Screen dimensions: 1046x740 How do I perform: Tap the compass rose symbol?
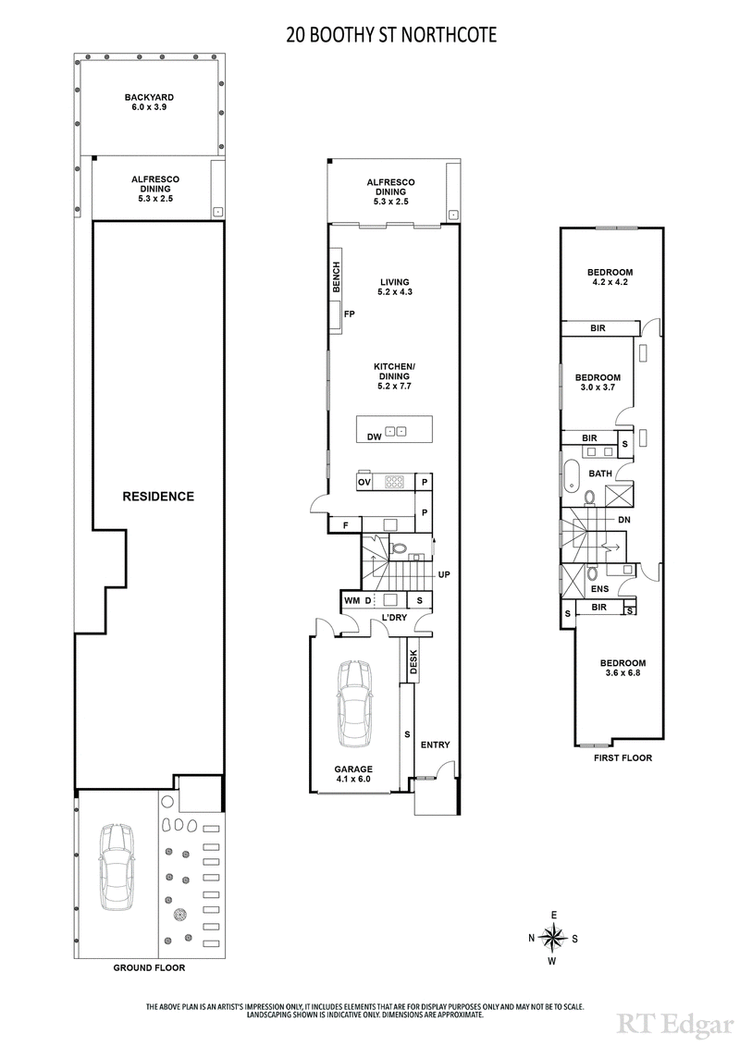coord(553,938)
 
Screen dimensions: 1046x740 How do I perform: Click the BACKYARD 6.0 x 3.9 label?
coord(149,102)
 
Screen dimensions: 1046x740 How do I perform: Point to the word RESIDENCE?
coord(158,497)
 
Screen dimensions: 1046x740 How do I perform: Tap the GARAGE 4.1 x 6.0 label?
coord(353,774)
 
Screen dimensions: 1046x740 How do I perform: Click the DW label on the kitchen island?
coord(374,437)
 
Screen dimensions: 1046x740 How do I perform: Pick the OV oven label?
coord(364,482)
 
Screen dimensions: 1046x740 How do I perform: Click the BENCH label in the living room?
coord(337,278)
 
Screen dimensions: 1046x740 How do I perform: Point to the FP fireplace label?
coord(350,314)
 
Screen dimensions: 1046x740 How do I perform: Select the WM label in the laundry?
coord(351,601)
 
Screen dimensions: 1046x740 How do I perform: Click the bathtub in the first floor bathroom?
coord(573,473)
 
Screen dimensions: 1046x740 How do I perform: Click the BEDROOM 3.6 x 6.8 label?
coord(622,669)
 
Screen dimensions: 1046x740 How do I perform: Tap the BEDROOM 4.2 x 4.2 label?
coord(610,277)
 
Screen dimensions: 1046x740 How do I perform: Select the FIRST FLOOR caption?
coord(623,758)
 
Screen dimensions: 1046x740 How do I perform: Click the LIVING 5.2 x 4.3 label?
coord(394,288)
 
